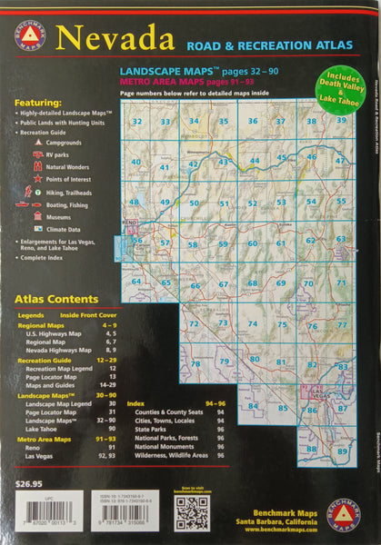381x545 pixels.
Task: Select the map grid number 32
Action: tap(137, 120)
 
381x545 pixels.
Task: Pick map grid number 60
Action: tap(253, 243)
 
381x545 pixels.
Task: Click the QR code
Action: tap(192, 512)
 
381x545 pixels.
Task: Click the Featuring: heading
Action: tap(37, 103)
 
